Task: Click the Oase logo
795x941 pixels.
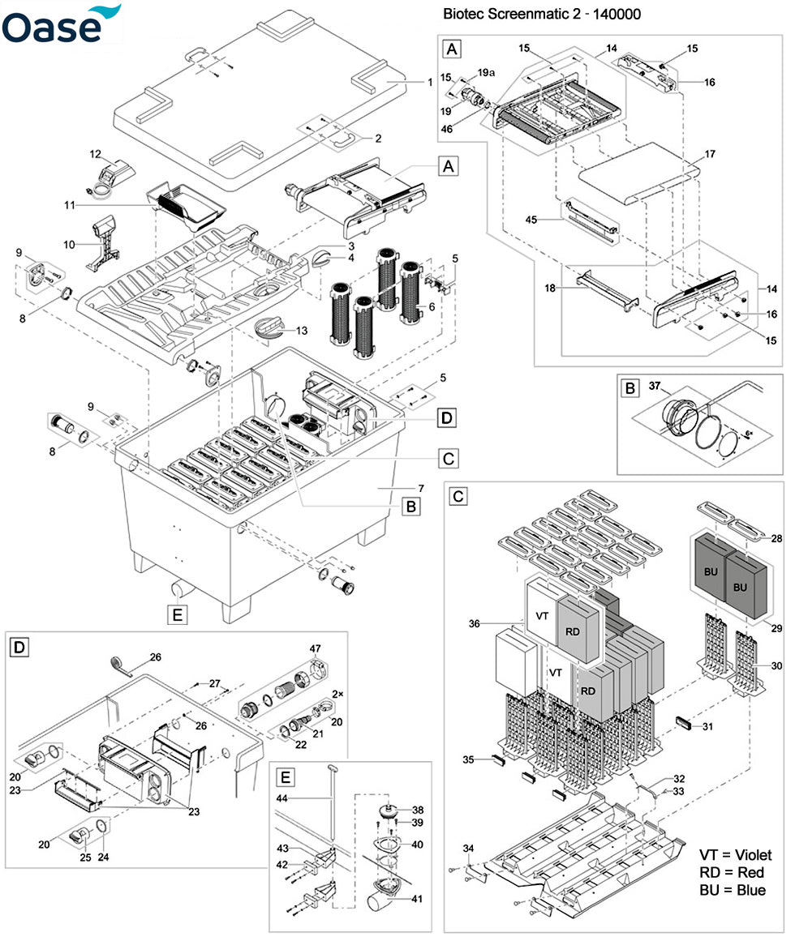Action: coord(61,24)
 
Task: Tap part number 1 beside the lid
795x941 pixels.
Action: coord(431,82)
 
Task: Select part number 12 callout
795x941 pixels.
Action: coord(95,154)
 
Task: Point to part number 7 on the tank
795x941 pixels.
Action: coord(421,488)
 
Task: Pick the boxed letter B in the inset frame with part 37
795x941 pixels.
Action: coord(630,388)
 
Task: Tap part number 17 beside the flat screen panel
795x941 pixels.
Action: coord(710,153)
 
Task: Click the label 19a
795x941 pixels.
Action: coord(485,72)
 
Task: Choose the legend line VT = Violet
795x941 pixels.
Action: coord(734,855)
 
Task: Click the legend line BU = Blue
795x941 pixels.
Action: coord(731,890)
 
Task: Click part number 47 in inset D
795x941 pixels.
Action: coord(316,648)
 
